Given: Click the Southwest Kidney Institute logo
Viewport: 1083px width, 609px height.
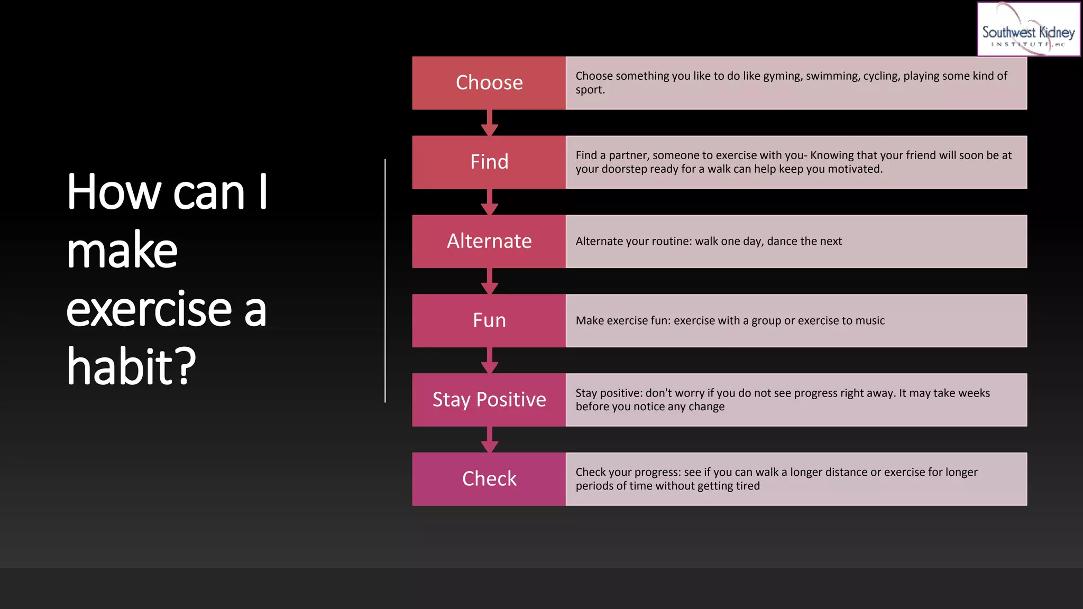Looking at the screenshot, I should coord(1028,29).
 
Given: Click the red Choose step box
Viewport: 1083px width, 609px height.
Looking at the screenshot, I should coord(489,83).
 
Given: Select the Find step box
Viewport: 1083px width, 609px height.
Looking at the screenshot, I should coord(489,162).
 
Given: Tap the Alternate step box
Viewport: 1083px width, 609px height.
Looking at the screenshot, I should coord(489,241).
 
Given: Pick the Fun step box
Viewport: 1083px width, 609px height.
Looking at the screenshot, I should coord(489,320).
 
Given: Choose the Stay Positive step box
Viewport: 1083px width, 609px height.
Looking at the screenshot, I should coord(489,400).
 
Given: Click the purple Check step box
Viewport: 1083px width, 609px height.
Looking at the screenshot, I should coord(489,479).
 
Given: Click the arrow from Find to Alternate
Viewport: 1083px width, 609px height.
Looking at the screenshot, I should coord(490,202).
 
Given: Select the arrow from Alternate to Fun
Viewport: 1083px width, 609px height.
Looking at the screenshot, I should coord(490,282).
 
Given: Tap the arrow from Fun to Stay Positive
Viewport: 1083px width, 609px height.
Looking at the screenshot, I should coord(490,361).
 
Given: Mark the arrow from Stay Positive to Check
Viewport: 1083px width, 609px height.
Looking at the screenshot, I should coord(490,440).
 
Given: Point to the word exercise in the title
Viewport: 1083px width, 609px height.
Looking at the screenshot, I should coord(149,309).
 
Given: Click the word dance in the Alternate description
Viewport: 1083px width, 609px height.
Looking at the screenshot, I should coord(782,242).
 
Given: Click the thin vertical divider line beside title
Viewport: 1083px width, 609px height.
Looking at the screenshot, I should coord(385,280).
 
